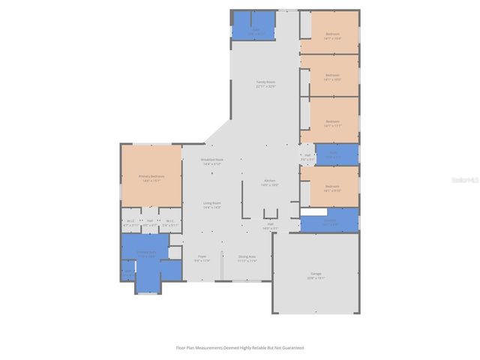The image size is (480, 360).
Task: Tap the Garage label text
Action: (x=316, y=274)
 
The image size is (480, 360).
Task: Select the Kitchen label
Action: (x=269, y=182)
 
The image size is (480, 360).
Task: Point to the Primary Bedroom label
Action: (x=151, y=177)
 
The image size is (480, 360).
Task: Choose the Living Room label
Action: (x=211, y=204)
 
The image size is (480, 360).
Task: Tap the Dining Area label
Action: (x=247, y=258)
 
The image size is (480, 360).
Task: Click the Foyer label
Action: (x=202, y=258)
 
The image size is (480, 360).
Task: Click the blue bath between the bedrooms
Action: (x=330, y=154)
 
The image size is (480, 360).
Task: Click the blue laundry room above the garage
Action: (x=330, y=223)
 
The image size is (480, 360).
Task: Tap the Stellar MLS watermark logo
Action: (x=463, y=181)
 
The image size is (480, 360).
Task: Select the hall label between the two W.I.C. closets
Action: (x=150, y=223)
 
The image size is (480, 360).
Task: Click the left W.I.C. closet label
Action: (x=130, y=223)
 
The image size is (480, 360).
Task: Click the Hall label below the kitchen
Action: (x=270, y=225)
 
